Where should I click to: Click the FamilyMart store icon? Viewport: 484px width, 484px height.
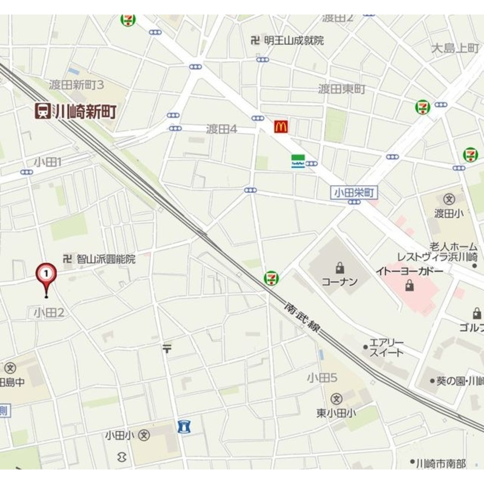(x=297, y=161)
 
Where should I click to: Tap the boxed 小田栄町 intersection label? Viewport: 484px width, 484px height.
(x=355, y=193)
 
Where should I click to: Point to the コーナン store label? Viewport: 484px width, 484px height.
(x=339, y=281)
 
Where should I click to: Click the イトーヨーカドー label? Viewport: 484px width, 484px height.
(x=409, y=271)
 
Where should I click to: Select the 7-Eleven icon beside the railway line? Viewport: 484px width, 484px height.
(x=271, y=278)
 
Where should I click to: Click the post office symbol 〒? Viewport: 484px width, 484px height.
(x=167, y=348)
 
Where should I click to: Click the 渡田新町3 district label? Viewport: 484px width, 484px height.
(x=76, y=85)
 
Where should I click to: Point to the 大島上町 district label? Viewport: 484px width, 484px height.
(x=454, y=48)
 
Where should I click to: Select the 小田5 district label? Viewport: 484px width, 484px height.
(x=321, y=378)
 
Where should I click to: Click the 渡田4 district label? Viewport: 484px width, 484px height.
(x=221, y=129)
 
